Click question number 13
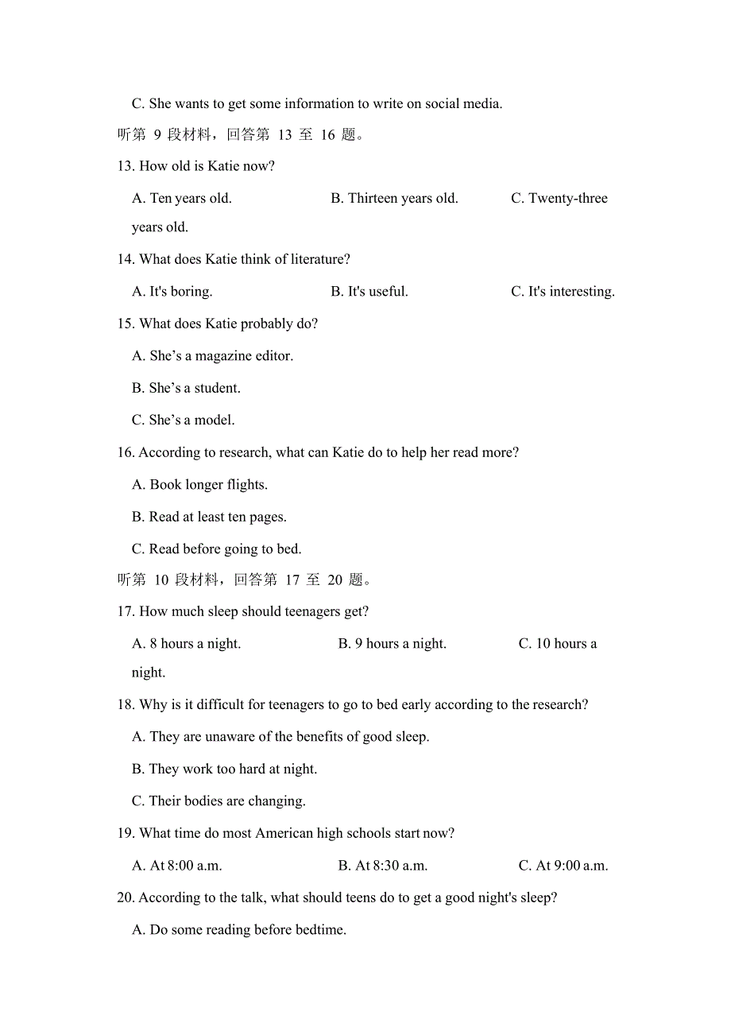coord(126,166)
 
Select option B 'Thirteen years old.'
coord(394,198)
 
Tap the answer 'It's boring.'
coord(172,292)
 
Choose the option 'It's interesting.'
coord(563,292)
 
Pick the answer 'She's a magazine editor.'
coord(213,356)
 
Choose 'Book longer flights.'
coord(199,484)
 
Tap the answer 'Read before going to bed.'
coord(217,549)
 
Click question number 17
coord(126,611)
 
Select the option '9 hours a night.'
coord(392,643)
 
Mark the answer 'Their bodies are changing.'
coord(219,800)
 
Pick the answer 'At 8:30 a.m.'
coord(383,865)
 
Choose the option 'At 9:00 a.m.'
coord(563,865)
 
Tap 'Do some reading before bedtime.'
coord(239,929)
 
